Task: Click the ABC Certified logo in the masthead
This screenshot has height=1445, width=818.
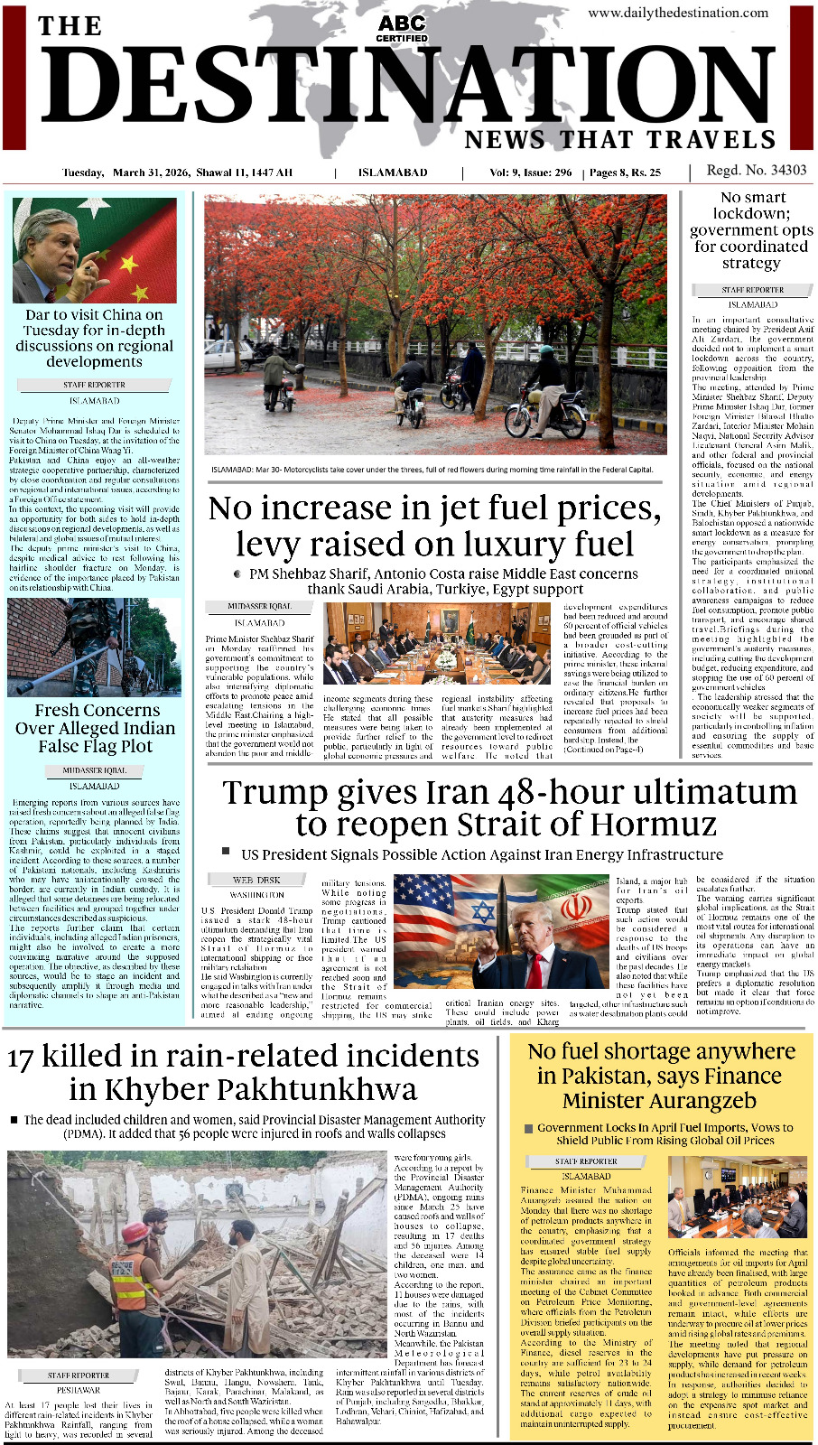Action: point(402,28)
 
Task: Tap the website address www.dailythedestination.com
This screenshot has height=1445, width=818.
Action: point(678,13)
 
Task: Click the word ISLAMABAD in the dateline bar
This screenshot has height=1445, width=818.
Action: point(393,172)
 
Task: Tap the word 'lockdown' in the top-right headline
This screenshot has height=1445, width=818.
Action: point(750,213)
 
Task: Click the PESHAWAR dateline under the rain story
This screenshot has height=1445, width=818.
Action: point(79,1390)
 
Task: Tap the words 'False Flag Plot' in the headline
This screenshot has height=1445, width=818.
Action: point(95,747)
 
